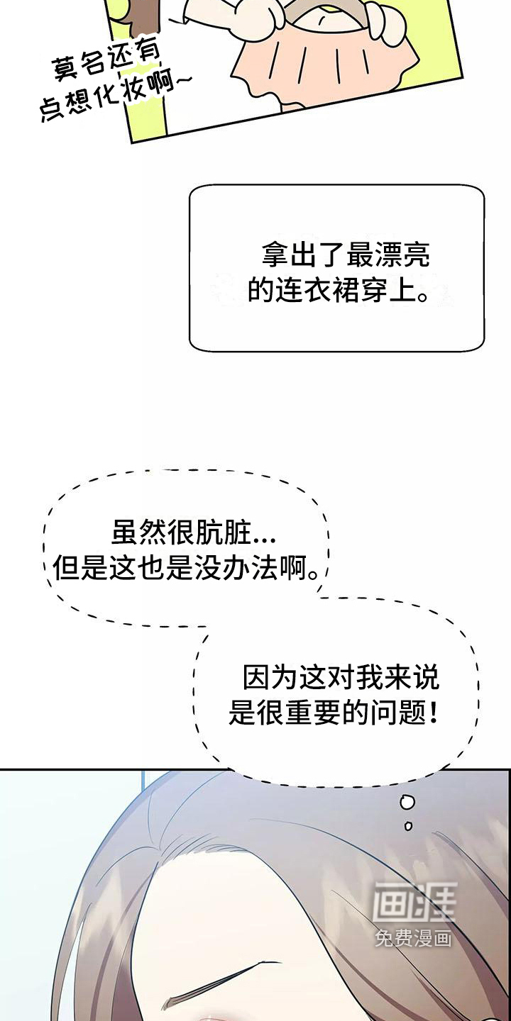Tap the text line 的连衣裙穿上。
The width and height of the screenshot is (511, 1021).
point(338,290)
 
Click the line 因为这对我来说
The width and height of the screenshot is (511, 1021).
point(341,678)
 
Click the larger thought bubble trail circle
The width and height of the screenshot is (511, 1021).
point(408,803)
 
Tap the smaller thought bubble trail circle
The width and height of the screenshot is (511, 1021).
point(408,825)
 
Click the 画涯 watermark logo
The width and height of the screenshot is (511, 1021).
point(414,902)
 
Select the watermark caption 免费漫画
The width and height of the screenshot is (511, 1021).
point(414,938)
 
